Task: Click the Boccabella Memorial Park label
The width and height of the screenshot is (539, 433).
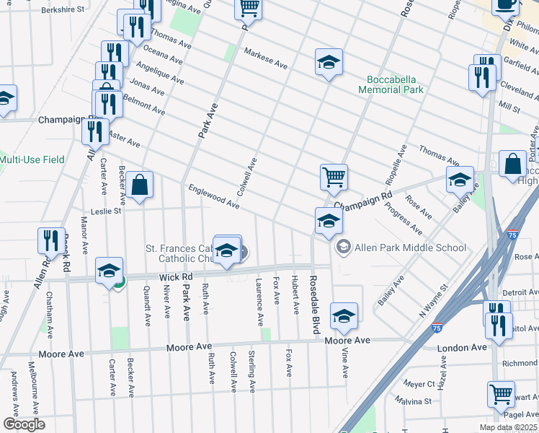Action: coord(395,84)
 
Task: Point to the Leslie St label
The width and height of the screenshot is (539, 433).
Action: coord(97,212)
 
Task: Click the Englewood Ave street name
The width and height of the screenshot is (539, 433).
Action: coord(213,196)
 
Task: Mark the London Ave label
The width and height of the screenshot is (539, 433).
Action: coord(463,348)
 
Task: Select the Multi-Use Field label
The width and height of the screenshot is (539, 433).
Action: coord(32,159)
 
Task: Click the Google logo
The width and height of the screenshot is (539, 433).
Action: coord(24,424)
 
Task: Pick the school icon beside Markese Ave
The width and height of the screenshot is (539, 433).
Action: coord(328,62)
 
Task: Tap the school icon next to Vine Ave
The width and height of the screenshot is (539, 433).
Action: coord(344,316)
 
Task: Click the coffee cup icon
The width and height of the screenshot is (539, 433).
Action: coord(505,4)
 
